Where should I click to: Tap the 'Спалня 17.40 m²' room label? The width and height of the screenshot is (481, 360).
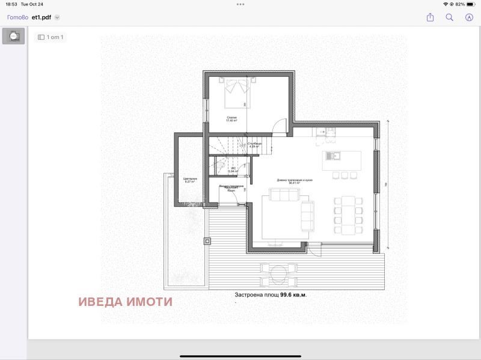coord(231,119)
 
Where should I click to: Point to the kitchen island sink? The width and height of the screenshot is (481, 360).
coord(331,156)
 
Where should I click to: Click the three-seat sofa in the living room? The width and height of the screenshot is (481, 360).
coord(284,195)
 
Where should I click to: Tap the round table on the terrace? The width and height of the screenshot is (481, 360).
coord(277,275)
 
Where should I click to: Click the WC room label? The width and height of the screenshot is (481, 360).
coord(233,169)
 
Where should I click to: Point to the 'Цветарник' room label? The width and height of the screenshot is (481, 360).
coord(190,180)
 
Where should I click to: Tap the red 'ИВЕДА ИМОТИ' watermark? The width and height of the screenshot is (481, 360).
coord(125,302)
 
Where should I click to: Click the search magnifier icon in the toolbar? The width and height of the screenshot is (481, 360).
coord(449,17)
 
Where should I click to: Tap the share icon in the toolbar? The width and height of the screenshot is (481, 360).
coord(430,17)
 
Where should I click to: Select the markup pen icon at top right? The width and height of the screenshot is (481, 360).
coord(469,17)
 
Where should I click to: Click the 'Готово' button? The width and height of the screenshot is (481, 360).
coord(17,17)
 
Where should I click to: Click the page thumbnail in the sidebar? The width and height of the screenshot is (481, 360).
coord(14,36)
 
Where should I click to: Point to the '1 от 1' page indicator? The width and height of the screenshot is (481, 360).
coord(51,37)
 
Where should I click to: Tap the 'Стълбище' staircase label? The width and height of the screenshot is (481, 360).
coord(254,145)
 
